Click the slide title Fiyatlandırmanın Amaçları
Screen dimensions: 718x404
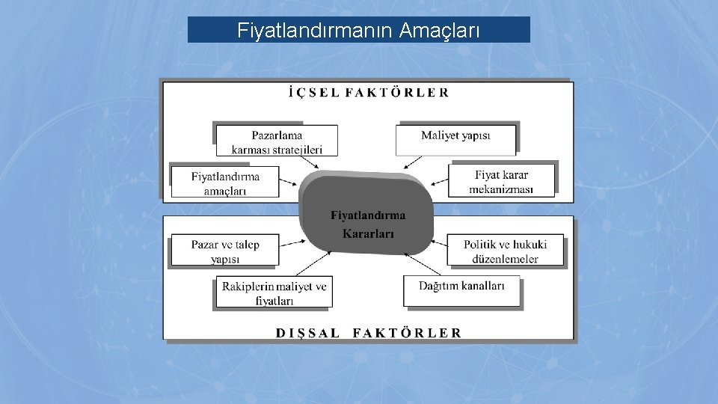click(358, 31)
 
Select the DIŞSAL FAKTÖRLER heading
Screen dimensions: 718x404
click(369, 332)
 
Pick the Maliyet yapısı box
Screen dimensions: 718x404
click(455, 136)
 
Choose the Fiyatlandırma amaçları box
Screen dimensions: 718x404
click(225, 183)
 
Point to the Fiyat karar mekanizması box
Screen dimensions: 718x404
click(501, 182)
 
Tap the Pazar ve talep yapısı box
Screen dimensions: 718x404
click(225, 251)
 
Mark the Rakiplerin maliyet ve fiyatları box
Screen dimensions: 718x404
click(274, 293)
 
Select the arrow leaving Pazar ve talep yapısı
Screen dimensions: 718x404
click(291, 243)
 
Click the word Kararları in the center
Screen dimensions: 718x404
click(368, 233)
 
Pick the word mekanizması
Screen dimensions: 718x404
click(501, 189)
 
